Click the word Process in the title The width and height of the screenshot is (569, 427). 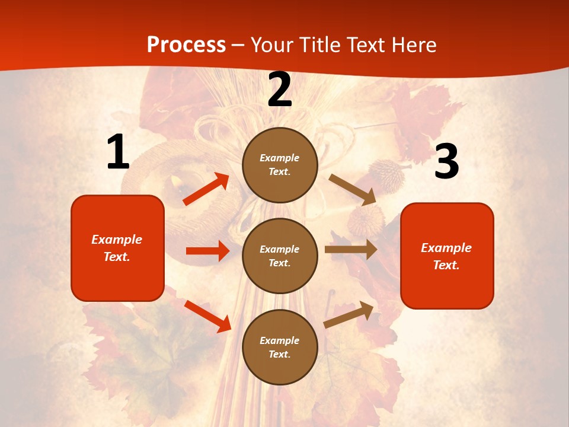(x=186, y=45)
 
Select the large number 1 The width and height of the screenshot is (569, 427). (x=118, y=152)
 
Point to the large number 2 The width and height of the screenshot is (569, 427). (x=280, y=90)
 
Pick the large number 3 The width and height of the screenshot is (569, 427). (x=446, y=162)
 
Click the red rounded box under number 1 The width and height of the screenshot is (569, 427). (x=117, y=248)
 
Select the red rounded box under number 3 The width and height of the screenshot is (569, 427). (x=447, y=256)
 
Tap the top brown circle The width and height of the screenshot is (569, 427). (x=280, y=165)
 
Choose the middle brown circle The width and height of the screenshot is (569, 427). (x=280, y=256)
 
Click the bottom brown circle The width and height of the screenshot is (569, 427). (x=280, y=347)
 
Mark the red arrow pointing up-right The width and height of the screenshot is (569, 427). (x=206, y=189)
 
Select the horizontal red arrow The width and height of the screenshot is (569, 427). (x=207, y=251)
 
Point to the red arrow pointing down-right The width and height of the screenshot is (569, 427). (x=207, y=316)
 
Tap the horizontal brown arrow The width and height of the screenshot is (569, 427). (x=351, y=250)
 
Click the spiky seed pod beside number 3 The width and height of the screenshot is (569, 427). (x=386, y=175)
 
